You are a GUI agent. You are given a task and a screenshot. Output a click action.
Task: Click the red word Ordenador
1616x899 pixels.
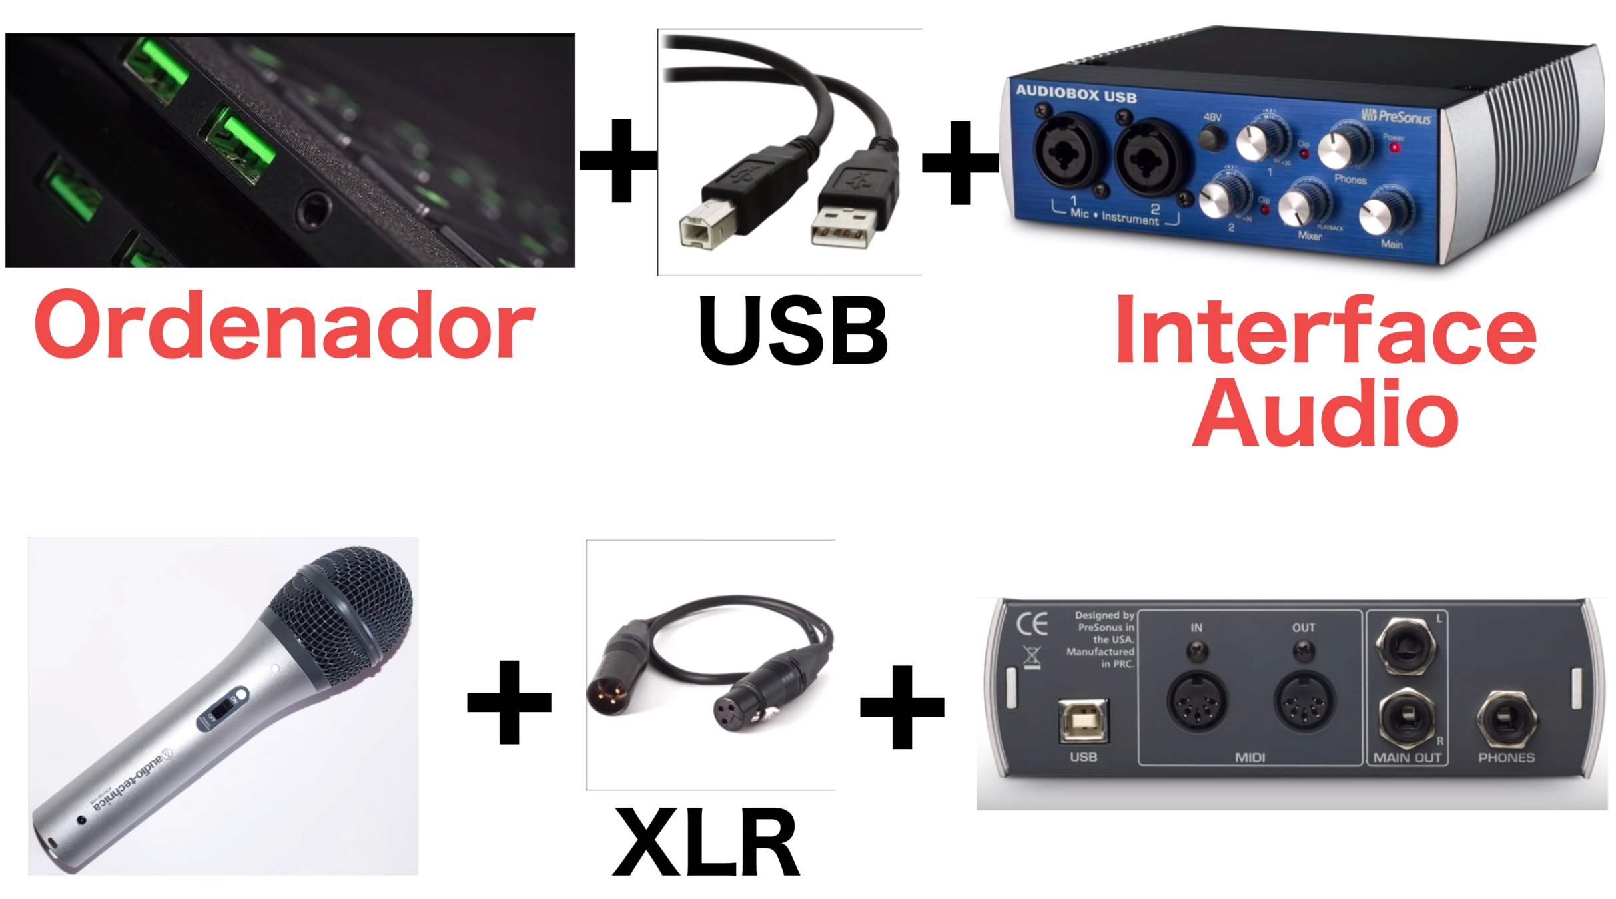point(284,326)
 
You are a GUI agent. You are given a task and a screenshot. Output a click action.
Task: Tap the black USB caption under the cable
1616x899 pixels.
point(793,331)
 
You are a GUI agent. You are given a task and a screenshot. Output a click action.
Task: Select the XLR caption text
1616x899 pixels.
point(706,842)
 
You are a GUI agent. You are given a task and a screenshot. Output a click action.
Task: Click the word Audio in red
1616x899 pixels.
point(1326,414)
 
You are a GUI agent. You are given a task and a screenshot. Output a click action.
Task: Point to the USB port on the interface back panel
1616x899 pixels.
point(1084,721)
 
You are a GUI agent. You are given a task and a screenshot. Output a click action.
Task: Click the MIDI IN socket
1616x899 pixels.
point(1197,701)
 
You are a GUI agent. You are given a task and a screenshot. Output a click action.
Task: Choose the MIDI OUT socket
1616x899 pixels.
point(1303,701)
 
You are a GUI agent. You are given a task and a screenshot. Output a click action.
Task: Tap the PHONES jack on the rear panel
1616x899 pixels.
point(1506,719)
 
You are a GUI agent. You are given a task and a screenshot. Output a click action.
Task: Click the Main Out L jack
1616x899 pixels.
point(1406,645)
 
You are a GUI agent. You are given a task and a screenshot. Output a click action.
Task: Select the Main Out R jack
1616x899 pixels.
point(1406,717)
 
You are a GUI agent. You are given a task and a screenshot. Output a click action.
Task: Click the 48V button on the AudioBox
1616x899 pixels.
point(1212,139)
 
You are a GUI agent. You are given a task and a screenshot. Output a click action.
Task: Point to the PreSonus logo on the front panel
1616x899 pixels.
point(1396,117)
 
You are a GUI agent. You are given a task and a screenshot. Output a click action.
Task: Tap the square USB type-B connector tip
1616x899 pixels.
point(705,226)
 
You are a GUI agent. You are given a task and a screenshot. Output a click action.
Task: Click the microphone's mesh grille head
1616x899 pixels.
point(346,613)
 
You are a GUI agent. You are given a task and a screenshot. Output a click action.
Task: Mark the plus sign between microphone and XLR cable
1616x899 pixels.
point(509,702)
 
